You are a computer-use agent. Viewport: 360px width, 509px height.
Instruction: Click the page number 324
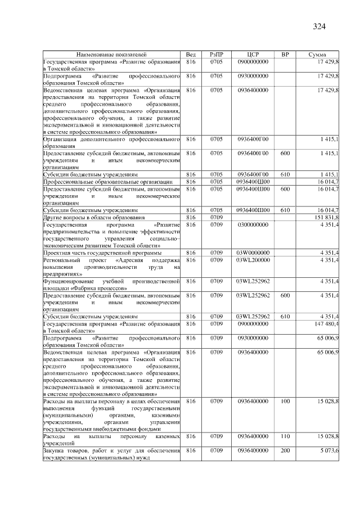coord(319,26)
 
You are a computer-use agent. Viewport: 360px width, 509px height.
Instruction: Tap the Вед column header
coord(191,55)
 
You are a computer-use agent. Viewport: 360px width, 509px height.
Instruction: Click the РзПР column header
coord(217,55)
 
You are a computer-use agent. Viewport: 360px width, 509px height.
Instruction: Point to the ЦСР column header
coord(253,55)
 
